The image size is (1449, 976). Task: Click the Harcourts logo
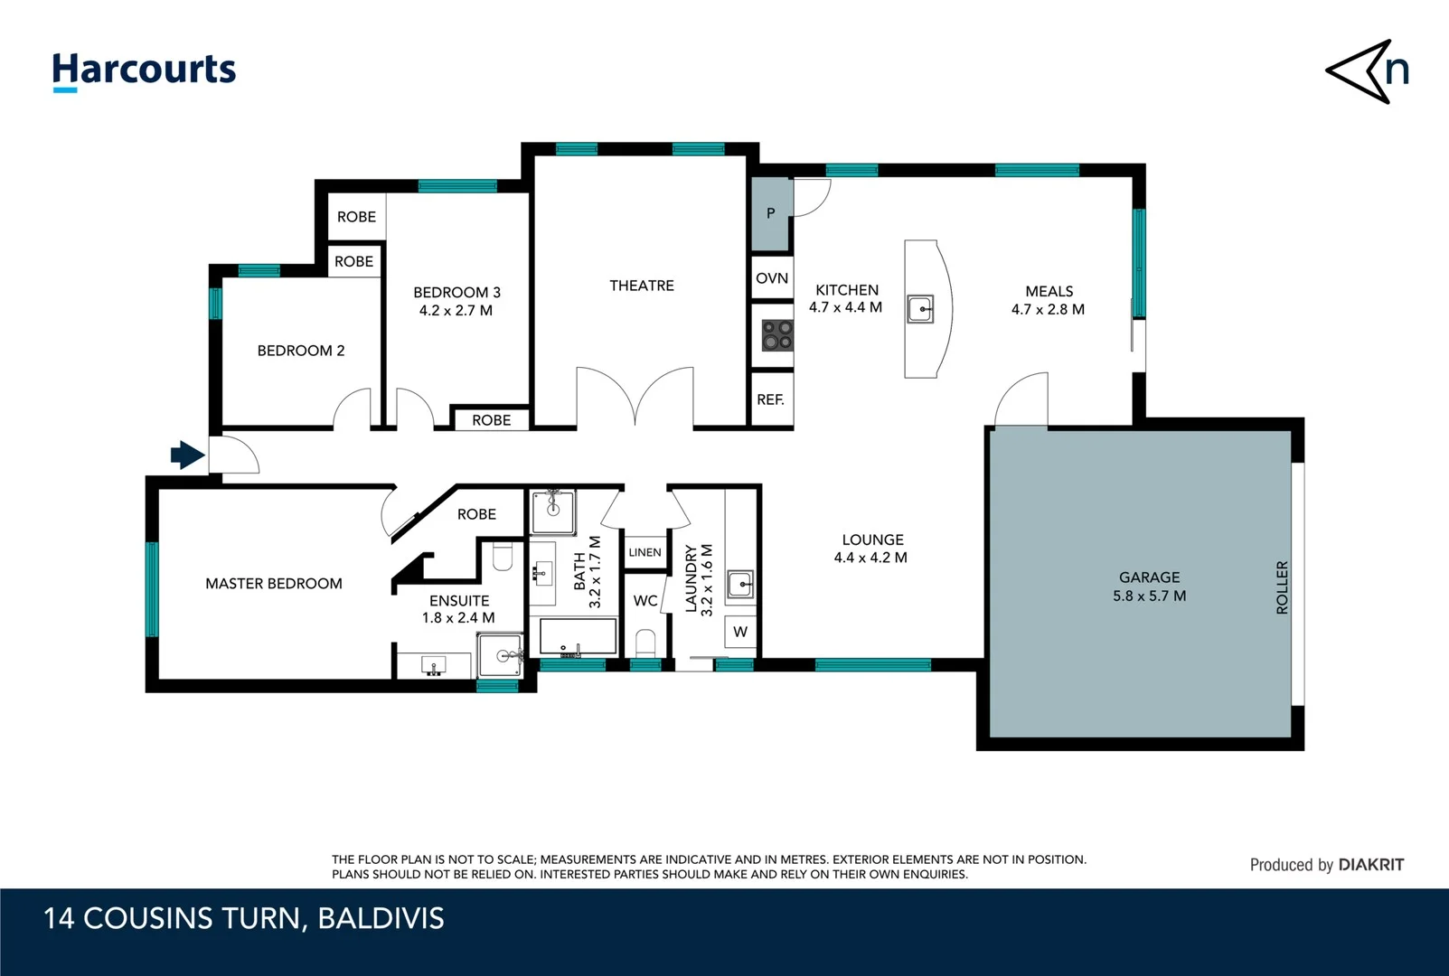144,71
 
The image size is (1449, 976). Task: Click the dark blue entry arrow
188,455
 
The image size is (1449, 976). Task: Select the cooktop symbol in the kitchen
776,335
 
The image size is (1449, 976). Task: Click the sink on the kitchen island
920,309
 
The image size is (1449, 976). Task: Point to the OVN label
772,278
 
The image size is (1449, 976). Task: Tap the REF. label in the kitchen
770,399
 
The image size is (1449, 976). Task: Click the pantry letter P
770,212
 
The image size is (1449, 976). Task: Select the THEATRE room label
642,286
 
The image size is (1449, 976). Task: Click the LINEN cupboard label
645,552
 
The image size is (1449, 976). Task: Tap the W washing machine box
740,632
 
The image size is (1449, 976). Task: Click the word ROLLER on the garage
1282,587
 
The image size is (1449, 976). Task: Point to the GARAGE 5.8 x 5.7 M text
1150,587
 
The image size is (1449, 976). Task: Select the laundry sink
740,585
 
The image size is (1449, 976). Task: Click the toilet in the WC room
645,643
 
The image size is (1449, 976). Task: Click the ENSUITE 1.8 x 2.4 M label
458,609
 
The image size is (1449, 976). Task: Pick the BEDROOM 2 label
301,351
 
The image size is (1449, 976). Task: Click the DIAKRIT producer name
1370,865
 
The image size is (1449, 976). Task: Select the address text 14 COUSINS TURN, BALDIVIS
244,918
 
